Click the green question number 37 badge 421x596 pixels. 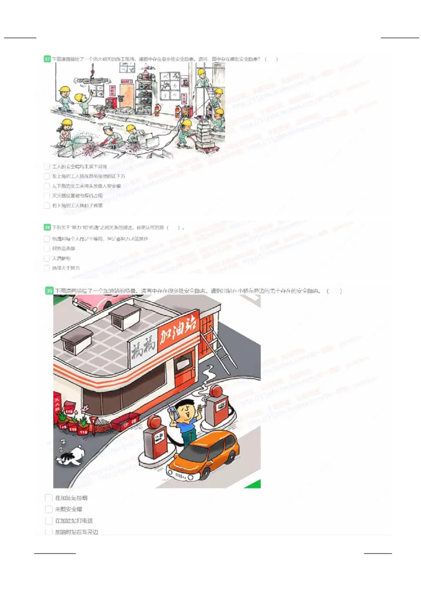pyautogui.click(x=47, y=59)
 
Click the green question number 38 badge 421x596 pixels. pyautogui.click(x=47, y=227)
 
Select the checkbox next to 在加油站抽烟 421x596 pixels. pyautogui.click(x=49, y=498)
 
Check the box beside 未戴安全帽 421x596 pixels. pyautogui.click(x=49, y=510)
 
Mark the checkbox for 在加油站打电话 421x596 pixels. pyautogui.click(x=49, y=521)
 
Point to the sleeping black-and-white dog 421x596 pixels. pyautogui.click(x=71, y=454)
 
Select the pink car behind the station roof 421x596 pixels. pyautogui.click(x=100, y=302)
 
